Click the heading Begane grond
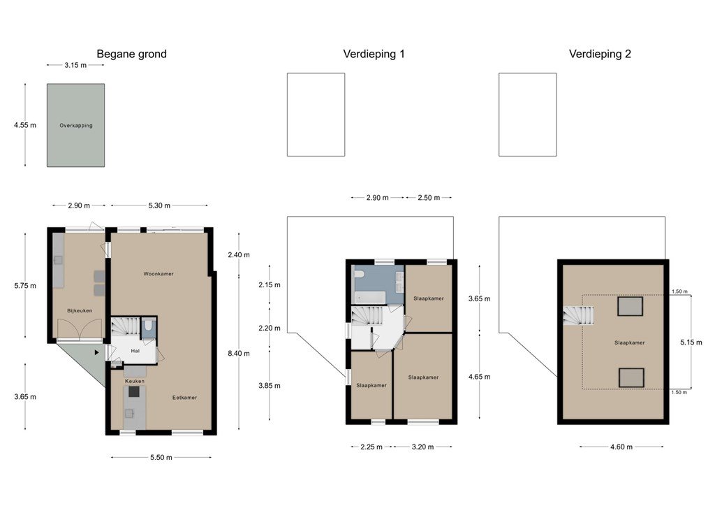(x=131, y=55)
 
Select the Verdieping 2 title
(x=600, y=55)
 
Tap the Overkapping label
(x=75, y=126)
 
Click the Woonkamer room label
(x=159, y=274)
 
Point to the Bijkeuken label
(x=80, y=311)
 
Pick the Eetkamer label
(x=184, y=398)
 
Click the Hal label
(x=135, y=351)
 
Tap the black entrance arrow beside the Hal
(x=96, y=352)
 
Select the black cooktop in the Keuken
(x=134, y=391)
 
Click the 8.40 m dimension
(x=239, y=354)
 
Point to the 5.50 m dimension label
(x=161, y=457)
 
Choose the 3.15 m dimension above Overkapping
(x=75, y=65)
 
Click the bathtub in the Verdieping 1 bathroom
(x=371, y=298)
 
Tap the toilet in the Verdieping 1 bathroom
(x=360, y=274)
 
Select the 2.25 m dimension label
(x=371, y=447)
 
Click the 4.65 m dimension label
(x=479, y=377)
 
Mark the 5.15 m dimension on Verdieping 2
(x=691, y=342)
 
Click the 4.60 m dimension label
(x=621, y=447)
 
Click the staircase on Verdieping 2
(x=578, y=316)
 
